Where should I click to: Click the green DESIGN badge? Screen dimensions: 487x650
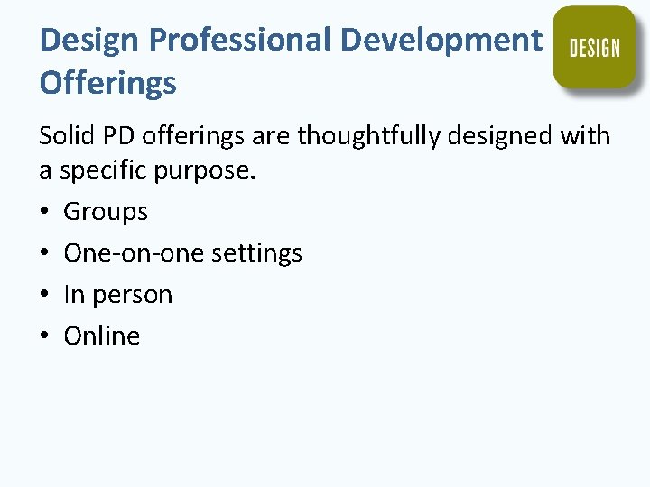[595, 47]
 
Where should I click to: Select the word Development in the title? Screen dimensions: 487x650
[441, 40]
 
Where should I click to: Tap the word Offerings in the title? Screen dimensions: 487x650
[107, 83]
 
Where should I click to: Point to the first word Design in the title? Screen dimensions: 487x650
[88, 40]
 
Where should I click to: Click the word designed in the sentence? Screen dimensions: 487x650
[510, 136]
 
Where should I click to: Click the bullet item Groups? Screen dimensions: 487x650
[106, 212]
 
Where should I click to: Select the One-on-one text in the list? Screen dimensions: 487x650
[134, 253]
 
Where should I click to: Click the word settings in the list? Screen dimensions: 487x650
[256, 253]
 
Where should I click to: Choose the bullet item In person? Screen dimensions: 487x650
[117, 295]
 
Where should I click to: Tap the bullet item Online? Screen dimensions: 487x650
[102, 336]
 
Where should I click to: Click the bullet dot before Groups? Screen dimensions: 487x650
[46, 213]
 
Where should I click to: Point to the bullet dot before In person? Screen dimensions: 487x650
[46, 296]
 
